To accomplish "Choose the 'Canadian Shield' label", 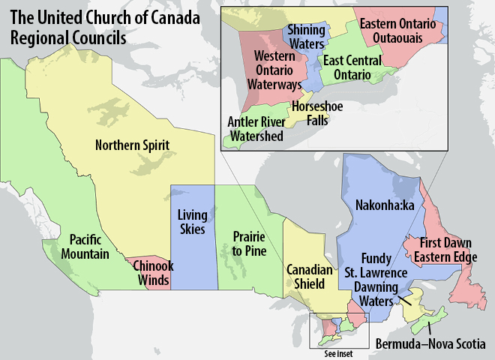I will click(x=306, y=277).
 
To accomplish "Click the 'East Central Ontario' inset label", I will click(x=352, y=67).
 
